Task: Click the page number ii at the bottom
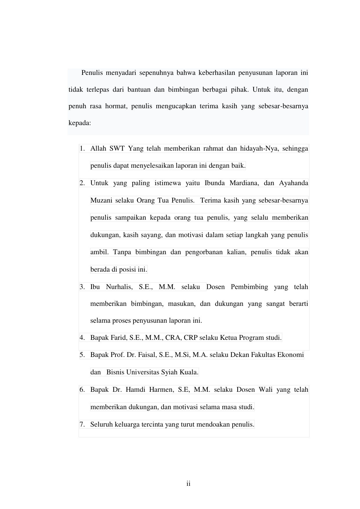[x=188, y=484]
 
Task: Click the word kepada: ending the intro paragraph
[x=80, y=123]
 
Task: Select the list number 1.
[x=82, y=149]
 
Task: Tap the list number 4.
[x=82, y=337]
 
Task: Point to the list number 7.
[x=82, y=425]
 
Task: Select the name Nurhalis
[x=119, y=287]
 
